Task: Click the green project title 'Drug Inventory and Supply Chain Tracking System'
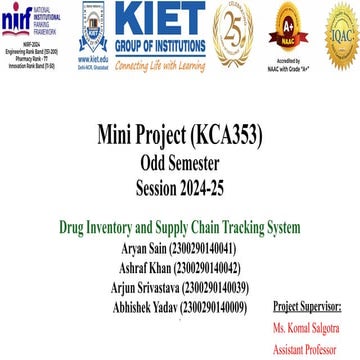(179, 228)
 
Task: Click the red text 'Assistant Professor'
(307, 349)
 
